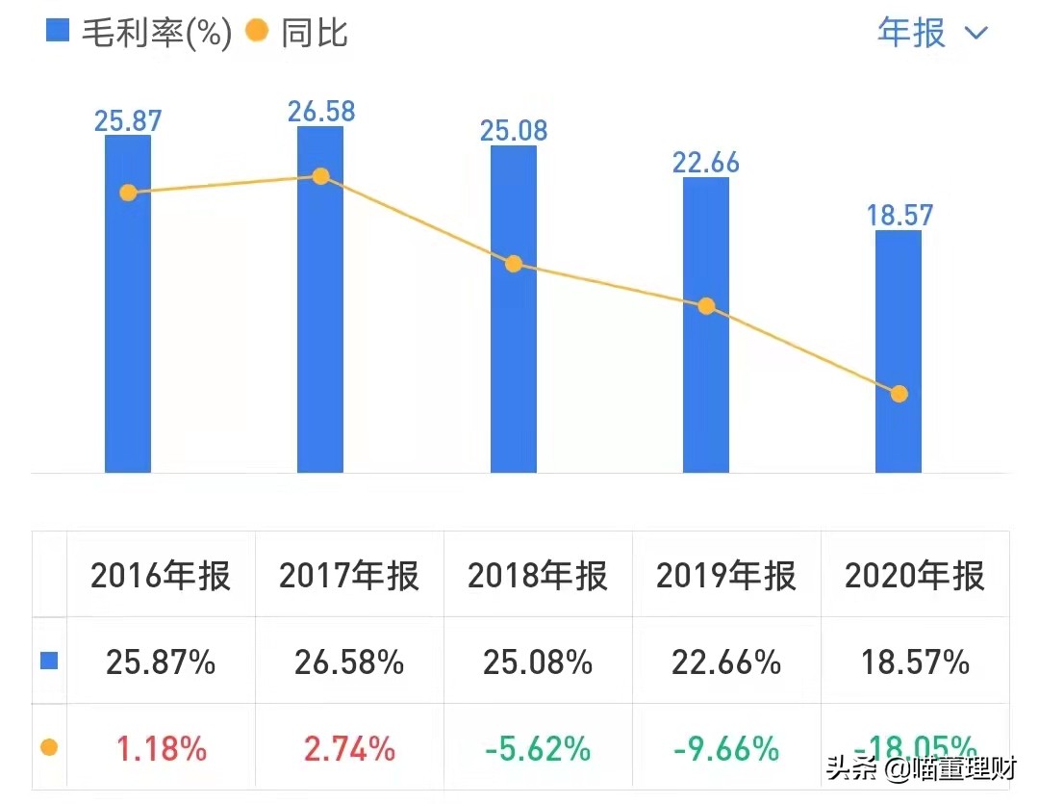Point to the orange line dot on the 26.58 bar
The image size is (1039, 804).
coord(320,176)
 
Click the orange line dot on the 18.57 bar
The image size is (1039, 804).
coord(900,394)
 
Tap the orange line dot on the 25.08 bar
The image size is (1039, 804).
coord(514,264)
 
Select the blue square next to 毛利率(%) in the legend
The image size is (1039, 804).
coord(59,32)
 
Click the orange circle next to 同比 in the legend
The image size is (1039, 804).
coord(257,32)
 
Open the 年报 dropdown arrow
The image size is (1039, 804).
coord(976,34)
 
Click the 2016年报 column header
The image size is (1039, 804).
coord(161,576)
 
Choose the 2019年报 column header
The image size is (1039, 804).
coord(726,576)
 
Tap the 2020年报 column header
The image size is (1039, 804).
coord(915,576)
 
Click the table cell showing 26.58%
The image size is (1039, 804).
coord(349,662)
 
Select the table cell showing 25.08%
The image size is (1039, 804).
coord(538,662)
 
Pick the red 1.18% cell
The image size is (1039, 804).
coord(161,748)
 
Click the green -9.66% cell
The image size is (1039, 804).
coord(726,748)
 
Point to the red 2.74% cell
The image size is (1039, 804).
coord(349,748)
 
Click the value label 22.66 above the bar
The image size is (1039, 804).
coord(706,162)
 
